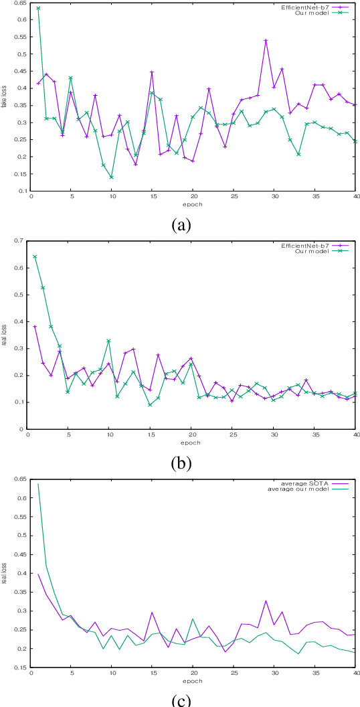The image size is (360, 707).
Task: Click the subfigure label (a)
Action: tap(181, 226)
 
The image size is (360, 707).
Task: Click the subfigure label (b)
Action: tap(181, 463)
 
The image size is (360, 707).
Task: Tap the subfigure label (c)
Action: tap(181, 700)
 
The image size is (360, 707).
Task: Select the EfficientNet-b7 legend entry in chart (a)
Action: tap(305, 7)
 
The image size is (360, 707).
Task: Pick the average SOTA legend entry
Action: tap(308, 483)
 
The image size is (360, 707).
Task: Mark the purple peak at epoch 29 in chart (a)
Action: tap(266, 40)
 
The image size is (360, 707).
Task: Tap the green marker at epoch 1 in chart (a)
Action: tap(38, 8)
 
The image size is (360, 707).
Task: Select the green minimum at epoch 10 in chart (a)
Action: tap(111, 177)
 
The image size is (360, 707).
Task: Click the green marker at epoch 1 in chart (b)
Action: tap(35, 256)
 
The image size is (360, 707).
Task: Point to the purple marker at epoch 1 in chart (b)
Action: tap(35, 327)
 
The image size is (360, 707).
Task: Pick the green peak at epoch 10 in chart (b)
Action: tap(108, 341)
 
